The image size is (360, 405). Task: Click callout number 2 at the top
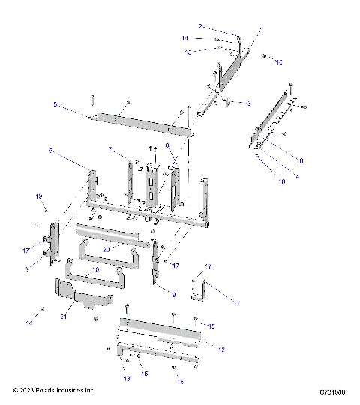201,26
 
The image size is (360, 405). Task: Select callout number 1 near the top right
260,30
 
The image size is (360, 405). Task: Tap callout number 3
248,102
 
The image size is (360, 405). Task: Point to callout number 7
109,150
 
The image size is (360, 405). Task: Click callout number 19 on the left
39,196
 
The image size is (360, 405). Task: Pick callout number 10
95,268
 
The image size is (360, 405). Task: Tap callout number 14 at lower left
31,321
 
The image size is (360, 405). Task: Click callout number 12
221,349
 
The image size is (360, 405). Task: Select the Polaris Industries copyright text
54,391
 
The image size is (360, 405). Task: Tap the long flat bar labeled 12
161,329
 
